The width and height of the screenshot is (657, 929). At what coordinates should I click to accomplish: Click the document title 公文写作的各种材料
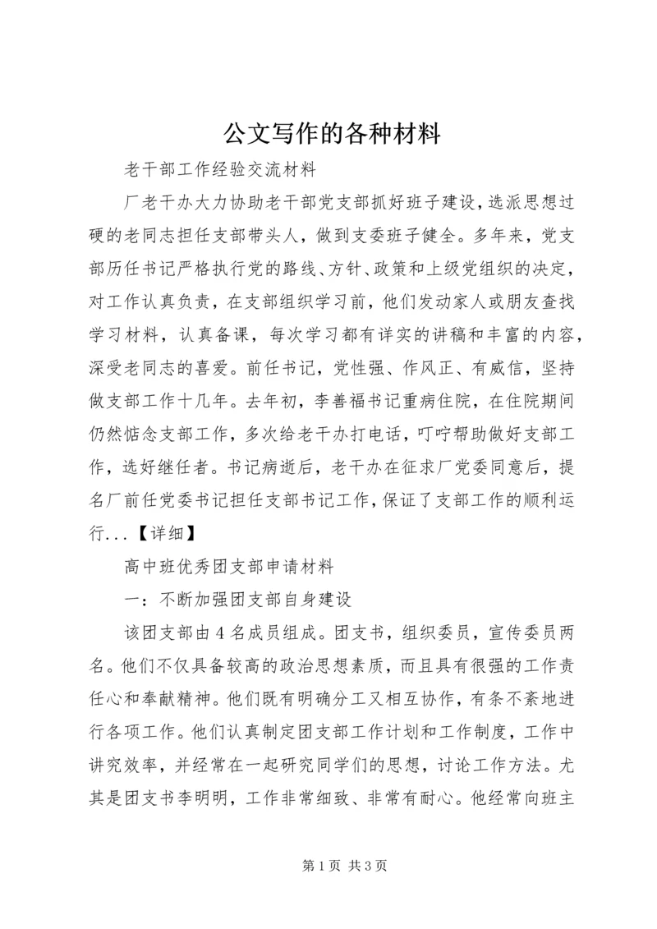(328, 132)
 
